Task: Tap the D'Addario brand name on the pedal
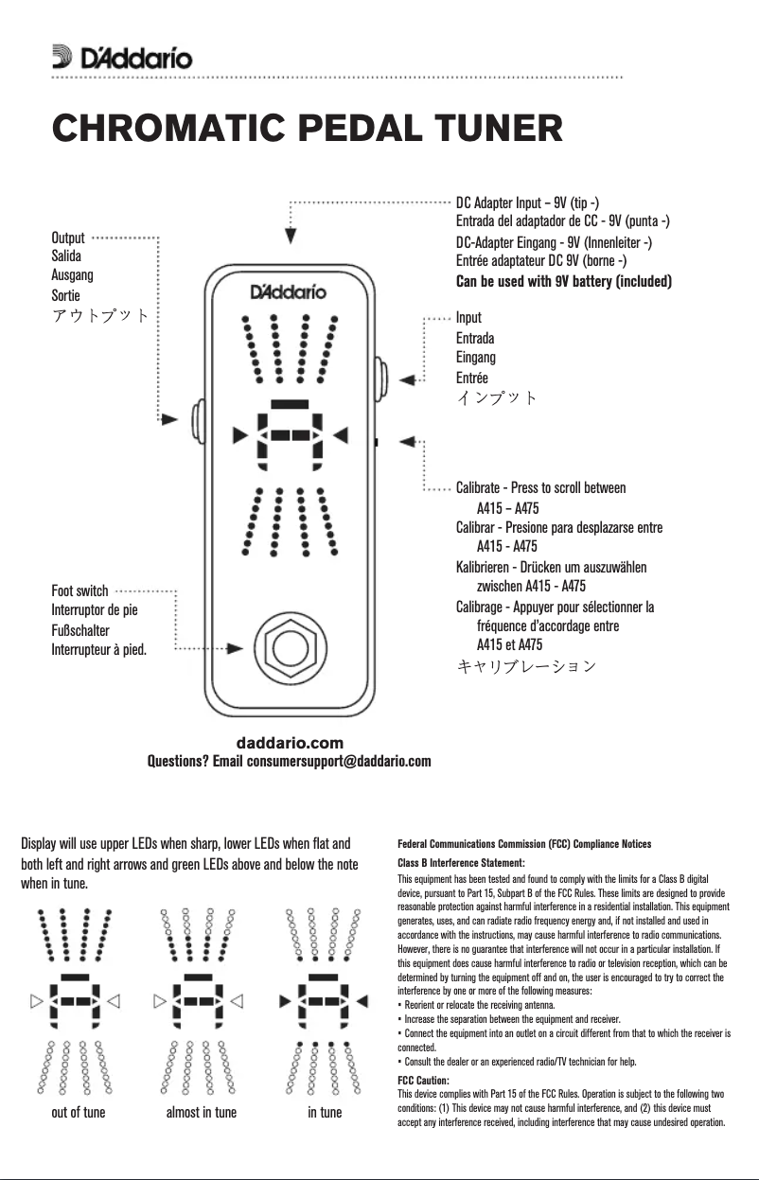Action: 288,291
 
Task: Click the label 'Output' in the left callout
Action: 68,238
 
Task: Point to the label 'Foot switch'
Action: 79,590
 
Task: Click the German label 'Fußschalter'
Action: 80,630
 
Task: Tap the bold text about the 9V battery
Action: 564,282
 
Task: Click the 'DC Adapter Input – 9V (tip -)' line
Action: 526,203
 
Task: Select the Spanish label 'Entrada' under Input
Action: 475,338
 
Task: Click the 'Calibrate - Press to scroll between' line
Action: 540,488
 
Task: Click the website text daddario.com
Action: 289,743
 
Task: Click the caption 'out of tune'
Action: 79,1112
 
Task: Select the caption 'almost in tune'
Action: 202,1112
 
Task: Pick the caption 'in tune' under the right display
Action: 325,1112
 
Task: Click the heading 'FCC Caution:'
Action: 423,1080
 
